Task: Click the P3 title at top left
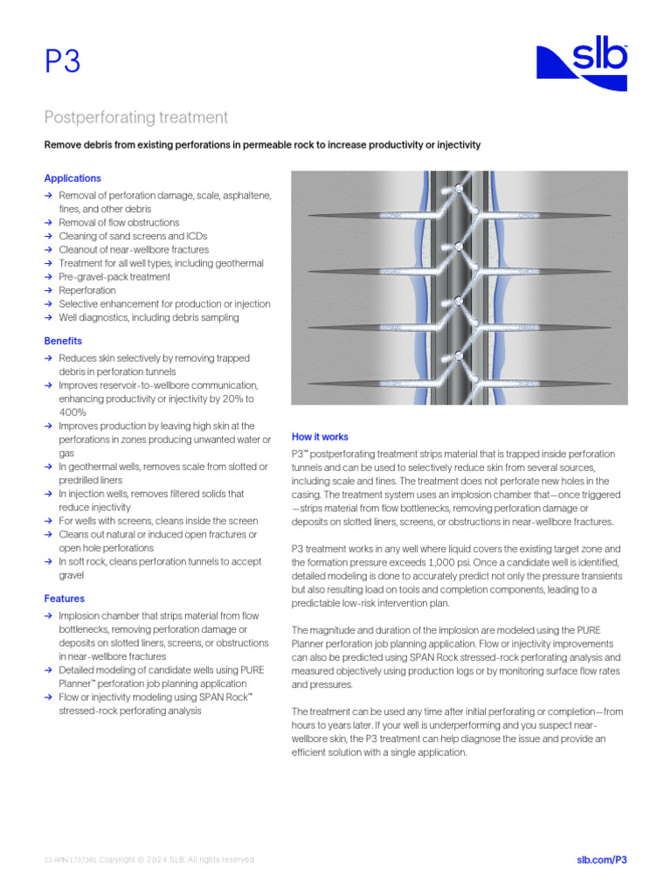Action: click(x=62, y=63)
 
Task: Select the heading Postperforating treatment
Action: click(x=136, y=117)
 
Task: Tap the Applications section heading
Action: click(x=73, y=178)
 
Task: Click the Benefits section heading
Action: click(x=63, y=341)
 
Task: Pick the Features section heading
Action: click(x=65, y=599)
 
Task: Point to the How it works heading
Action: click(x=320, y=436)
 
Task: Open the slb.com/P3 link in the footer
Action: click(x=602, y=860)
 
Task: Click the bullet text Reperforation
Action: click(x=87, y=290)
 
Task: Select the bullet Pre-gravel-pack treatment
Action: click(x=114, y=277)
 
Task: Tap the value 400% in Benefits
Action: click(x=73, y=412)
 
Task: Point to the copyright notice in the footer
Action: click(x=150, y=860)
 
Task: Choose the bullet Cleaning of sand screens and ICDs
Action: click(x=133, y=236)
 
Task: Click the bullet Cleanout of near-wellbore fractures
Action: click(x=134, y=250)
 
